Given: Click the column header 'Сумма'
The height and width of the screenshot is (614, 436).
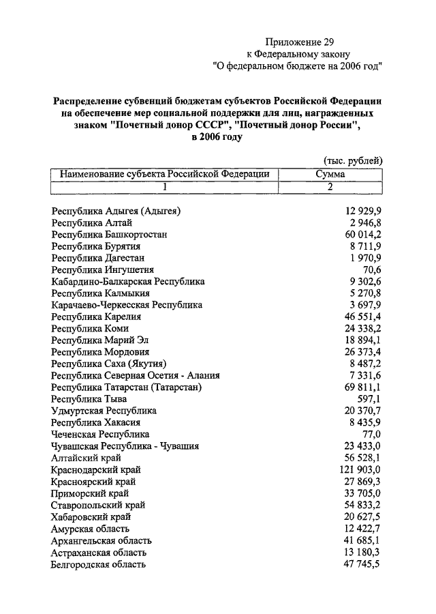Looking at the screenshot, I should coord(330,174).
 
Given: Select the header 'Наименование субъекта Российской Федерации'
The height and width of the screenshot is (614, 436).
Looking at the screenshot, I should coord(165,174).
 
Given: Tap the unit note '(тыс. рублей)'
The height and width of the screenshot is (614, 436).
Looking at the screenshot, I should coord(352,160).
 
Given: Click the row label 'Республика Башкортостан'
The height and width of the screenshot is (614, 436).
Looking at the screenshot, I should coord(109,234).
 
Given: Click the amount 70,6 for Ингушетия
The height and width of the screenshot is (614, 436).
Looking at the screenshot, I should coord(372,269).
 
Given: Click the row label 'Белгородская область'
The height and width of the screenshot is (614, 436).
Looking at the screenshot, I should coord(99,564).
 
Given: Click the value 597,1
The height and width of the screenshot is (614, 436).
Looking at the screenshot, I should coord(369,398).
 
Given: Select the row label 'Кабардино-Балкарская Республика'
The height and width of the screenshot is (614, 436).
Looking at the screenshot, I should coord(128,281).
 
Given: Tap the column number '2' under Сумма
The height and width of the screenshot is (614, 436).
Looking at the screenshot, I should coord(330,186).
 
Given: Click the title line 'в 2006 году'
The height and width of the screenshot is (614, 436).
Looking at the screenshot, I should coord(217,136).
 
